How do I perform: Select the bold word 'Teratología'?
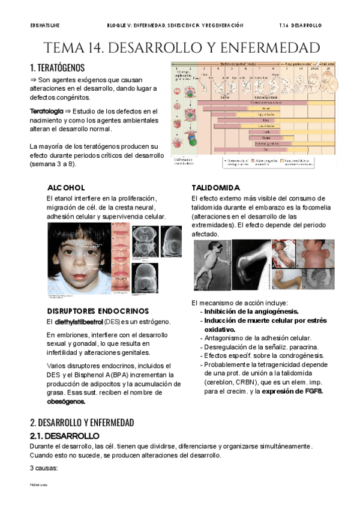(x=47, y=111)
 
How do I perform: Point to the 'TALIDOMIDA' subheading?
(x=215, y=188)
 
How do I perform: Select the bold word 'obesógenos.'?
(x=66, y=401)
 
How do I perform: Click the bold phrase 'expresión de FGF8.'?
(x=291, y=391)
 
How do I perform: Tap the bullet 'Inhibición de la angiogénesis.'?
(x=251, y=312)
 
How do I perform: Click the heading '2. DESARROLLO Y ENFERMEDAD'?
(x=82, y=422)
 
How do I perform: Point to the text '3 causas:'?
(x=43, y=468)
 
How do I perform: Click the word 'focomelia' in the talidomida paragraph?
(x=310, y=208)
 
